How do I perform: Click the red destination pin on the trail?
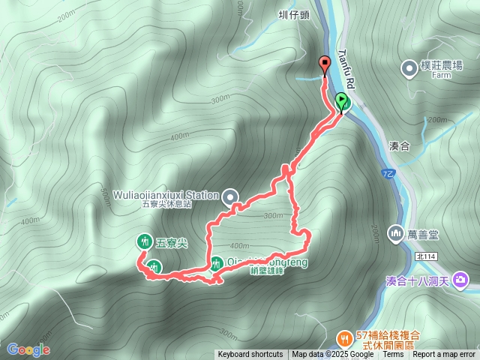325,64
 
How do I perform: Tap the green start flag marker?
341,101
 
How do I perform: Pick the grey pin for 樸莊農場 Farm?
410,69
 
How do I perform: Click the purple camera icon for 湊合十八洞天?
460,280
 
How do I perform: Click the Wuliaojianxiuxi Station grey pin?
230,196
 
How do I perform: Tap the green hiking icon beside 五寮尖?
143,241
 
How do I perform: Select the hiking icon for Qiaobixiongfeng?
217,263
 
